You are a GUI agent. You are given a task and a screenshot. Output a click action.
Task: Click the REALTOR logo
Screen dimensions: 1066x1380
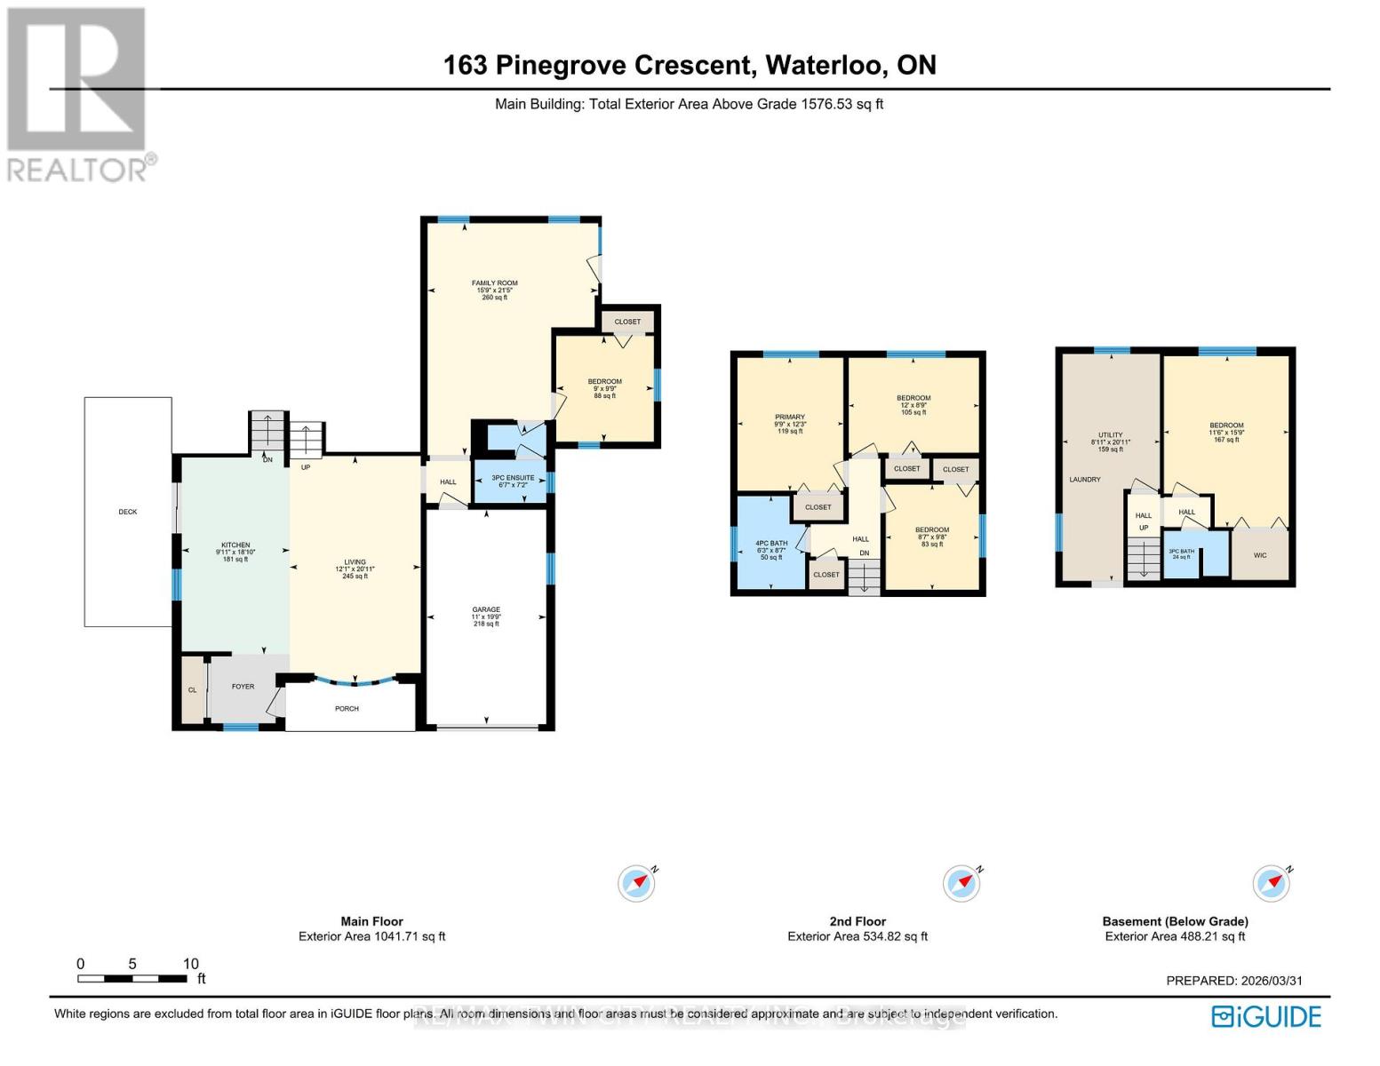coord(78,93)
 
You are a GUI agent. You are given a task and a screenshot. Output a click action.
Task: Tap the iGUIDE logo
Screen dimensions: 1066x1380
coord(1266,1016)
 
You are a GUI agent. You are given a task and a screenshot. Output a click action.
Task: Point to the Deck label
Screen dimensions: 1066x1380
coord(128,512)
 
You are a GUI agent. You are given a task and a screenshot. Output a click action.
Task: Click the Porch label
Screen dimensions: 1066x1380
coord(347,709)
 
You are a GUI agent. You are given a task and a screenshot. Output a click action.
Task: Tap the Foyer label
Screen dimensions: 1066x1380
coord(243,687)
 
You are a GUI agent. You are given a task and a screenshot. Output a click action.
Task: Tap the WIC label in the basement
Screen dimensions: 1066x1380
coord(1259,555)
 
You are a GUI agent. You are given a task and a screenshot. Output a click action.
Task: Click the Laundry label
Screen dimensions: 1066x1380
coord(1084,480)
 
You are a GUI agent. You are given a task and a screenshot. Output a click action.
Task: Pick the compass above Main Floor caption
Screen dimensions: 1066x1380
coord(636,883)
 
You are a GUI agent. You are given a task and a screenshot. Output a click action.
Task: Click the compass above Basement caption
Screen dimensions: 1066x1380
coord(1271,883)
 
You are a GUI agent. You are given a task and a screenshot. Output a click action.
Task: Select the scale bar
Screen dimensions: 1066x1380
coord(132,978)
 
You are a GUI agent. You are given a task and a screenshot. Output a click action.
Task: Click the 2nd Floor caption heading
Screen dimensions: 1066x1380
coord(857,921)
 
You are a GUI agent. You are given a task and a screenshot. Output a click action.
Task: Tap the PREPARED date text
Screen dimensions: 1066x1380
coord(1233,981)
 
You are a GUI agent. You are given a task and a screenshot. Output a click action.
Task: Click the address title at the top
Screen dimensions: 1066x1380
coord(690,65)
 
